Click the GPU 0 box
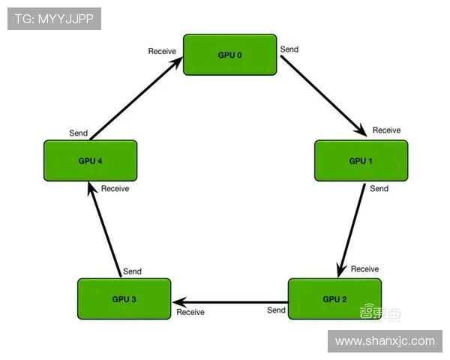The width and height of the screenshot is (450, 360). tap(229, 55)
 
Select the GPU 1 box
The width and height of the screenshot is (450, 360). tap(361, 160)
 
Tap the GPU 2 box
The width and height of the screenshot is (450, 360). tap(334, 298)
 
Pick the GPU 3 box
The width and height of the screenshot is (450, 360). tap(124, 298)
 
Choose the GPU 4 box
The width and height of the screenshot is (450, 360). tap(90, 160)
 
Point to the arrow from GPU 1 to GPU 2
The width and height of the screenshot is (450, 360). tap(353, 229)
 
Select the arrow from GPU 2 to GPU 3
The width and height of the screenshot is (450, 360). tap(229, 301)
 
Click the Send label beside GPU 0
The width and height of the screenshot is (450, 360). tap(289, 49)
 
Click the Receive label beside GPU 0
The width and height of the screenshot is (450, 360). tap(162, 51)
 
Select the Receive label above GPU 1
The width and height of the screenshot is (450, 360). tap(386, 130)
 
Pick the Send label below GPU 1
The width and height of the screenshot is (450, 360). tap(379, 188)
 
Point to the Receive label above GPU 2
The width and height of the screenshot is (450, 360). tap(364, 268)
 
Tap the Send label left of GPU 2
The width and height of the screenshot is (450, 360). tap(276, 310)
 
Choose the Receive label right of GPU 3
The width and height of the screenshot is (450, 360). tap(190, 312)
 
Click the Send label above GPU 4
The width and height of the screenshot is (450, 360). tap(79, 133)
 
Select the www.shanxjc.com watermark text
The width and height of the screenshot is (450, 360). tap(384, 341)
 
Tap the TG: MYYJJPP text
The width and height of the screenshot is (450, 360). tap(54, 19)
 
